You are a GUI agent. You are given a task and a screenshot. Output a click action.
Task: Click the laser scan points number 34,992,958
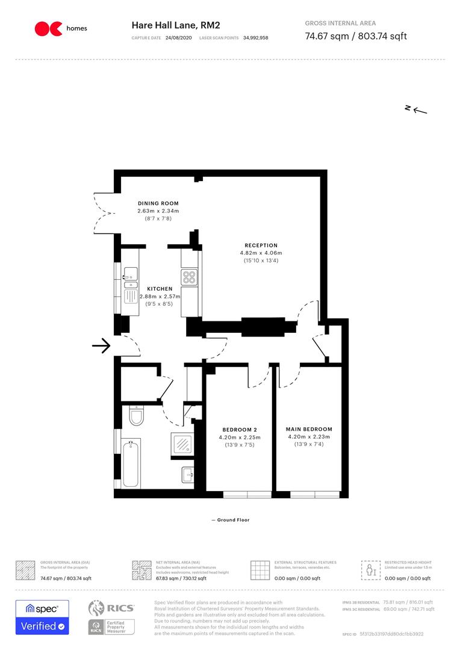(x=256, y=37)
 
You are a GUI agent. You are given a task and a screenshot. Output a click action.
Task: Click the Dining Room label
(x=158, y=203)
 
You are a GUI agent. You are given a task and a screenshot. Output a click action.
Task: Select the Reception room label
(x=261, y=246)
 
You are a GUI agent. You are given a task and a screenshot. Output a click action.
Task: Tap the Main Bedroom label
(x=308, y=429)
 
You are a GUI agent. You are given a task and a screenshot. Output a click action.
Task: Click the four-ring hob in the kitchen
(x=190, y=277)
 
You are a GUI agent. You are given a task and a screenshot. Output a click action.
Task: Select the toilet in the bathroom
(x=135, y=416)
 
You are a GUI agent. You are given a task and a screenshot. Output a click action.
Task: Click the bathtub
(x=131, y=464)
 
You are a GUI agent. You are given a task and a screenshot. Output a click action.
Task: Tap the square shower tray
(x=183, y=444)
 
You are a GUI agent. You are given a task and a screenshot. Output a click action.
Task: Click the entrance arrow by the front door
(x=101, y=346)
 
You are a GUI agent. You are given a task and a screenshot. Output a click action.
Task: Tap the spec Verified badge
(x=42, y=617)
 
